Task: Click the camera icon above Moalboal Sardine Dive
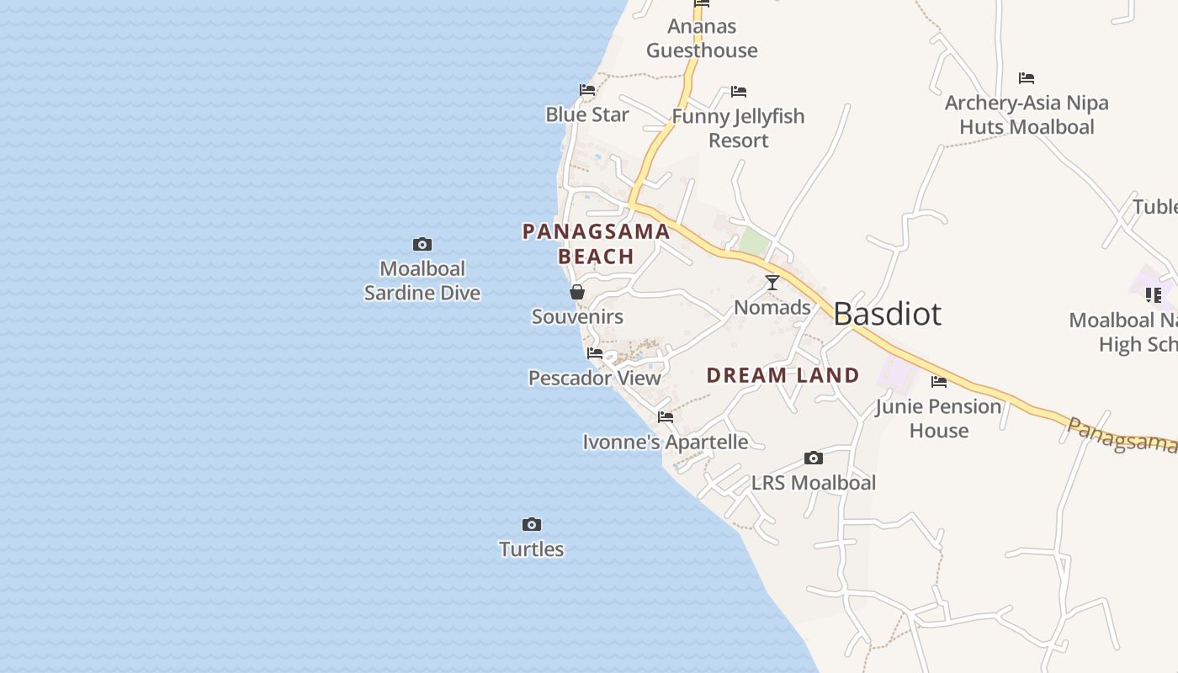[x=422, y=245]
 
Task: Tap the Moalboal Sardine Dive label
[x=422, y=281]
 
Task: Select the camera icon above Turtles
[x=532, y=525]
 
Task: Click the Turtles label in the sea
[x=532, y=549]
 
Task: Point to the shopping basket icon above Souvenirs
[x=577, y=292]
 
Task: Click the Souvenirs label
[x=577, y=316]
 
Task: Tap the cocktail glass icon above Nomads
[x=772, y=283]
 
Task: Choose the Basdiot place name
[x=888, y=314]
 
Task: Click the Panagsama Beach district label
[x=597, y=243]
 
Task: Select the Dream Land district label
[x=783, y=375]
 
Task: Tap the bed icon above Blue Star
[x=587, y=90]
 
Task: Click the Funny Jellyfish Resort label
[x=738, y=128]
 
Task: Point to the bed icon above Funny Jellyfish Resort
[x=739, y=92]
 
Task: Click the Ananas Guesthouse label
[x=702, y=39]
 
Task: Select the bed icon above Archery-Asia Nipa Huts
[x=1027, y=78]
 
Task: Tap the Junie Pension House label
[x=939, y=418]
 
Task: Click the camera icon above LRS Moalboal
[x=814, y=458]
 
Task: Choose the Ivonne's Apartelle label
[x=666, y=442]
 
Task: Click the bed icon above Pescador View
[x=595, y=353]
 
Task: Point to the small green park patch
[x=755, y=242]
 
